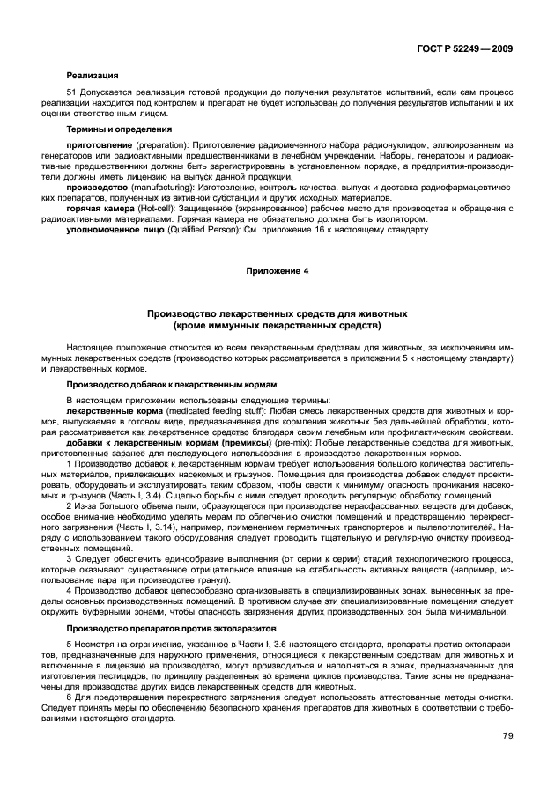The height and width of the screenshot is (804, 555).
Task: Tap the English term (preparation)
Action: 151,144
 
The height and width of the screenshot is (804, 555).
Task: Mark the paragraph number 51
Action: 71,91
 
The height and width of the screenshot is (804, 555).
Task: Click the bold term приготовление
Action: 96,144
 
